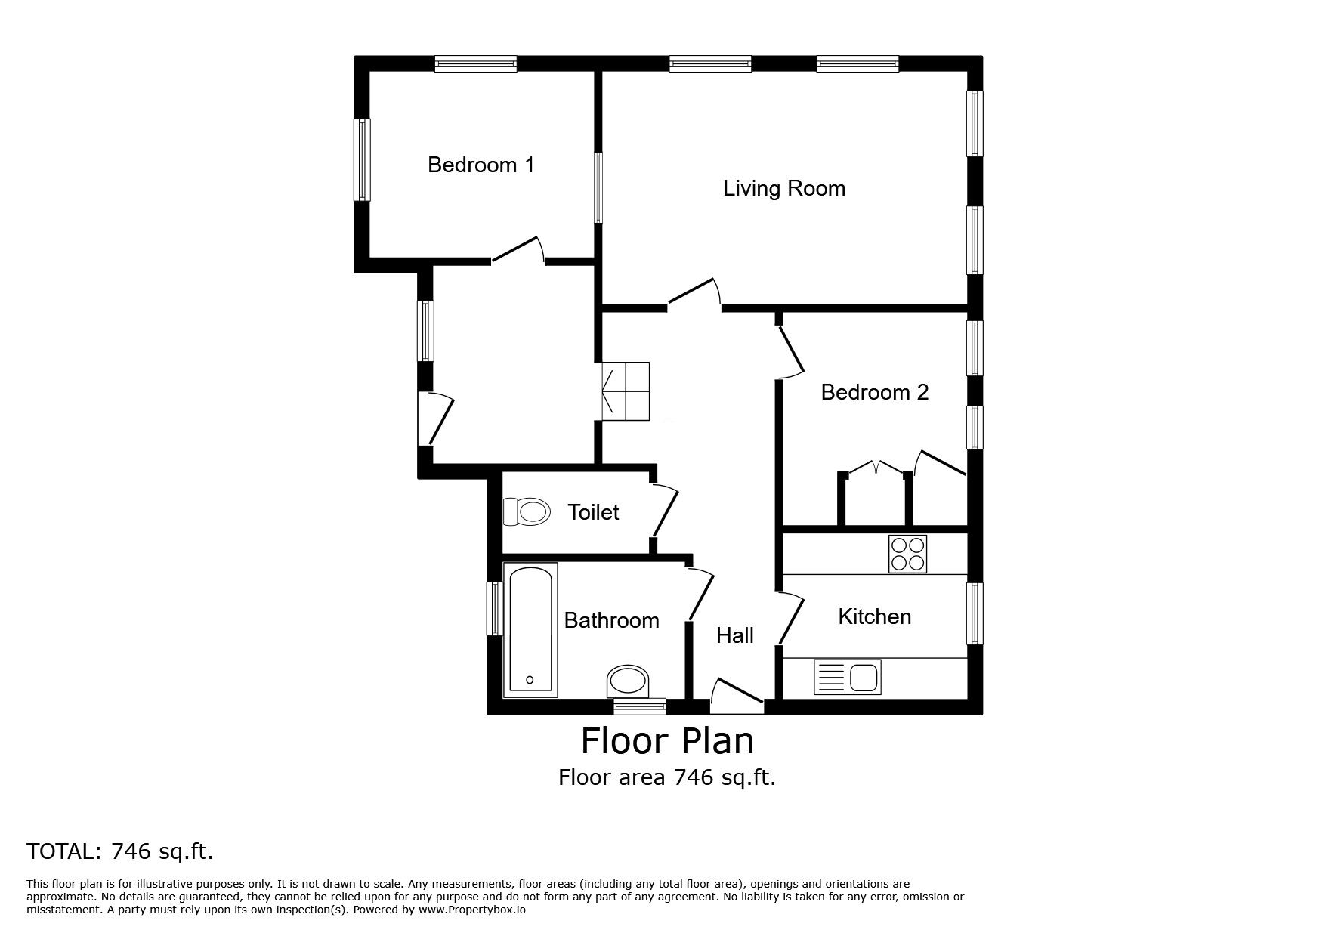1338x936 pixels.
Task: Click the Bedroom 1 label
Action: (481, 165)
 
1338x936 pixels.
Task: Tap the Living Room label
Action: (783, 188)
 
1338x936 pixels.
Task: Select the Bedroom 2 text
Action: (874, 392)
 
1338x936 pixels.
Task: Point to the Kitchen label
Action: (874, 616)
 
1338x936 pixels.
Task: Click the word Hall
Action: (734, 635)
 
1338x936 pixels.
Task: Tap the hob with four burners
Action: (907, 554)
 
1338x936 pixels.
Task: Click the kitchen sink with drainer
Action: (847, 676)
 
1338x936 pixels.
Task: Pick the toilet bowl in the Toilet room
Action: (526, 511)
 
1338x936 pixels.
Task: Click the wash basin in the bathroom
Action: (628, 681)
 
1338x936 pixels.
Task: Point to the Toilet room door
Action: (665, 511)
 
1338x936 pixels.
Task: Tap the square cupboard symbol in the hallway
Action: (626, 391)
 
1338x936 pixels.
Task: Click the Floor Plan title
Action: (667, 741)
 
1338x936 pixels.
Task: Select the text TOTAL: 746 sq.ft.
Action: (120, 851)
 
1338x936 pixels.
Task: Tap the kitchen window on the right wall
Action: (975, 613)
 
